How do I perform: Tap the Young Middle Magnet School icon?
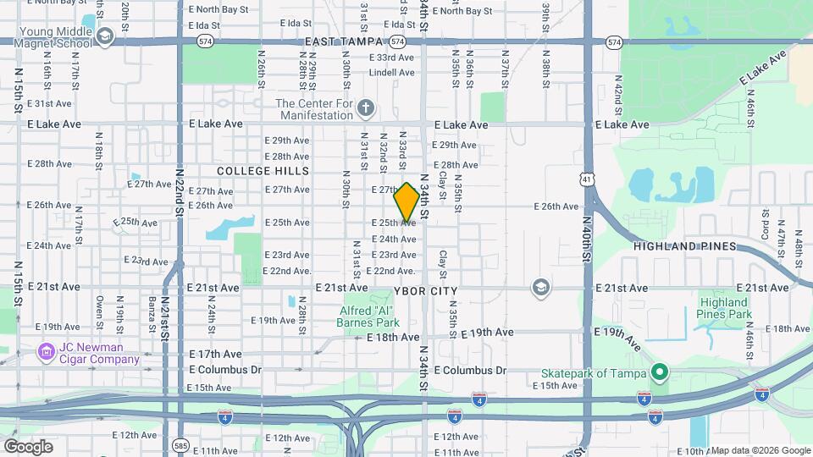tap(104, 36)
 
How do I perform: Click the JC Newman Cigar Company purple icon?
tap(44, 350)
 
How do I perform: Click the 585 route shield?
tap(179, 444)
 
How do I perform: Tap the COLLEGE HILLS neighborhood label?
tap(252, 171)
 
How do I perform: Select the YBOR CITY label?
tap(425, 291)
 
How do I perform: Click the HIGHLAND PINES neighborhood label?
tap(685, 246)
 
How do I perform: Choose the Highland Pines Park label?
tap(724, 308)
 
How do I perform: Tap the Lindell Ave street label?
tap(391, 72)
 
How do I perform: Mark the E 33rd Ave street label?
tap(396, 58)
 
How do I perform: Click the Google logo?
tap(29, 446)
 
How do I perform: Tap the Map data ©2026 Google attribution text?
tap(760, 450)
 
